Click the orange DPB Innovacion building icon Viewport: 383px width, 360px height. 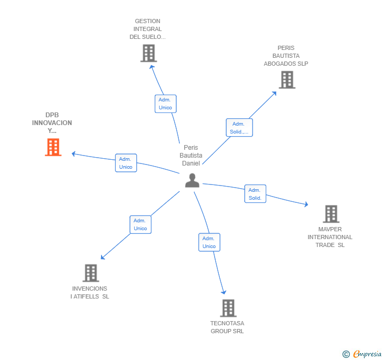click(53, 148)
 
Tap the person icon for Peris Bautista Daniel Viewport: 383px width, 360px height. click(192, 180)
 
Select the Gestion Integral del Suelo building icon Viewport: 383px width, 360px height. click(148, 53)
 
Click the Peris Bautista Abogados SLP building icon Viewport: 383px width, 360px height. click(287, 80)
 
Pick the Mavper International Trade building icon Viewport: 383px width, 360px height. click(330, 214)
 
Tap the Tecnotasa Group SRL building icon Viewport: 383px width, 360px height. click(228, 308)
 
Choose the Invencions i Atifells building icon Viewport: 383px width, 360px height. click(90, 273)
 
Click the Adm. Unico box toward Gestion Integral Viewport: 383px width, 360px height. click(166, 104)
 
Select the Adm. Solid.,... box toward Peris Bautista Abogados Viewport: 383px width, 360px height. click(239, 128)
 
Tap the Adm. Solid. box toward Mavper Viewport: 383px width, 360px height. click(255, 194)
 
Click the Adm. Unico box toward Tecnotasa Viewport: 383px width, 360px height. click(209, 242)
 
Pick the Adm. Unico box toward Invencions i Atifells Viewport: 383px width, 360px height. click(140, 224)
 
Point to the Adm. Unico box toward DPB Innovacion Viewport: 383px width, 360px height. click(126, 163)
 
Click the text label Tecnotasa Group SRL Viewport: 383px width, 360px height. click(227, 327)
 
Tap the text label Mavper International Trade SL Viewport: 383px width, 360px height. click(330, 237)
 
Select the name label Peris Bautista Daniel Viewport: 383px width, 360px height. click(190, 156)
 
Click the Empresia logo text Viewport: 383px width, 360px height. click(367, 354)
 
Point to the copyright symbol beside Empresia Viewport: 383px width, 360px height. click(346, 355)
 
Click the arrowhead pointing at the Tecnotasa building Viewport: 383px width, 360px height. click(224, 292)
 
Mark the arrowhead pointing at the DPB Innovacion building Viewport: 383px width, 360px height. click(74, 153)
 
